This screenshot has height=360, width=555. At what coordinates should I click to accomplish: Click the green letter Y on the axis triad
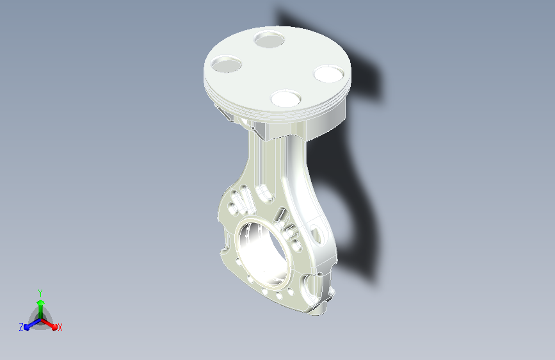(40, 293)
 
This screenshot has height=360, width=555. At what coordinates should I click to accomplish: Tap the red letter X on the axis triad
(60, 327)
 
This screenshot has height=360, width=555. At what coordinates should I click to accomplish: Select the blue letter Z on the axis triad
(21, 327)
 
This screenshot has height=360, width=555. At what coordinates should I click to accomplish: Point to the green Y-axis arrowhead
(41, 302)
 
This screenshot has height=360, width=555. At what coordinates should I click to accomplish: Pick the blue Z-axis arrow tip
(27, 327)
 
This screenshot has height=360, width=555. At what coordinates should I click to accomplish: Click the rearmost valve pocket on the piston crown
(269, 39)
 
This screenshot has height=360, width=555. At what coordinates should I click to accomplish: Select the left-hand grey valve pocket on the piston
(226, 64)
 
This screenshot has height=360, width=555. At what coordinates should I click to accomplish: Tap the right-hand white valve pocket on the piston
(329, 74)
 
